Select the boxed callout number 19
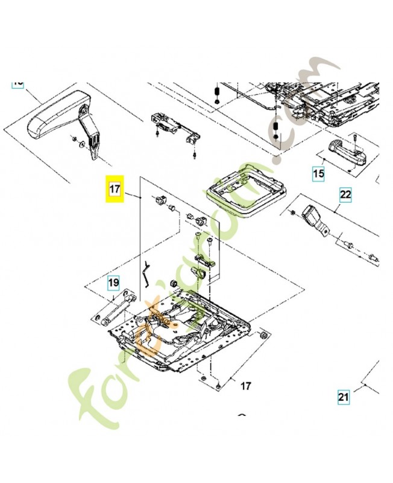pos(114,282)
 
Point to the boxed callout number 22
pos(345,195)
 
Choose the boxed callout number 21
pos(343,397)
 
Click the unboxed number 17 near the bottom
pos(245,385)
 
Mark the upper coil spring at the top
pos(215,94)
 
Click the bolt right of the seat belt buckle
pos(350,244)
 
